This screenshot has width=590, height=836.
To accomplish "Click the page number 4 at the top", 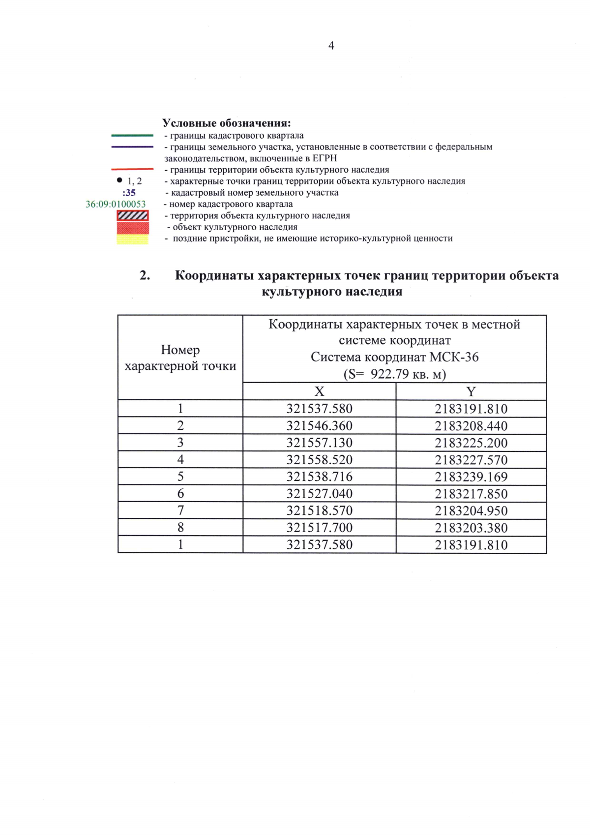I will (x=331, y=46).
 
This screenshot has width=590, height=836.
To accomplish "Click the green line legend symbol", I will (x=132, y=135).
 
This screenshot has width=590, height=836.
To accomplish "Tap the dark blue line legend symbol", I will (x=132, y=147).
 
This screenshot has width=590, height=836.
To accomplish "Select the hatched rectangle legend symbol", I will (x=133, y=215).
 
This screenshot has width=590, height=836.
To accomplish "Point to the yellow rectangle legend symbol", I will (x=133, y=239).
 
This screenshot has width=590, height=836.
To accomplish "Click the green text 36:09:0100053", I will (x=116, y=204).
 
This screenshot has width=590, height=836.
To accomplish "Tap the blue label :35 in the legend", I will (x=129, y=193).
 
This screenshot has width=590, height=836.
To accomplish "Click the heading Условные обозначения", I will (x=227, y=123).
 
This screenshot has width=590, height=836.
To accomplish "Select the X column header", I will (x=319, y=391).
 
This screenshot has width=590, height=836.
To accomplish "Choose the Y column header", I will (x=471, y=391).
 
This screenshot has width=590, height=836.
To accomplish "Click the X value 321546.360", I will (x=319, y=426).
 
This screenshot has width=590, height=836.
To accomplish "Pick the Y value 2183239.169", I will (x=471, y=477).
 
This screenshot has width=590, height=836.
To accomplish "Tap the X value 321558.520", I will (x=319, y=460).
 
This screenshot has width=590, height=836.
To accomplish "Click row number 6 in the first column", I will (x=180, y=494).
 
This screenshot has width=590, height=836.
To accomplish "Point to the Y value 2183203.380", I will (x=471, y=528).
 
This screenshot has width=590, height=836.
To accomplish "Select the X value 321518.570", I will (x=319, y=511).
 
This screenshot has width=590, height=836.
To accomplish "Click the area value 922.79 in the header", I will (x=389, y=374).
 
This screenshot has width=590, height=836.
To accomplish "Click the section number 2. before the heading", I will (x=145, y=275).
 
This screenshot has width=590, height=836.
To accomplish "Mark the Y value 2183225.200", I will (x=471, y=443).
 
